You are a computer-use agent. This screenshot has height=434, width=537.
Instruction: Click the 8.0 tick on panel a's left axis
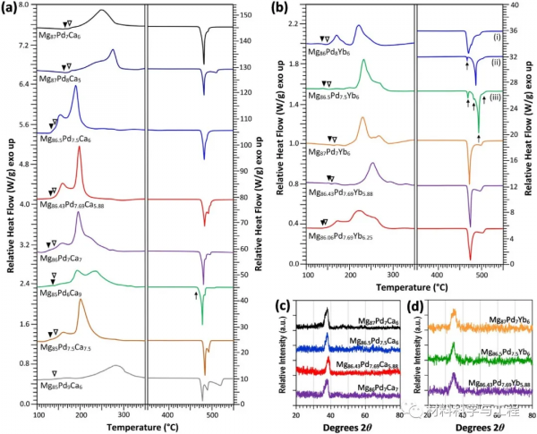[26, 5]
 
